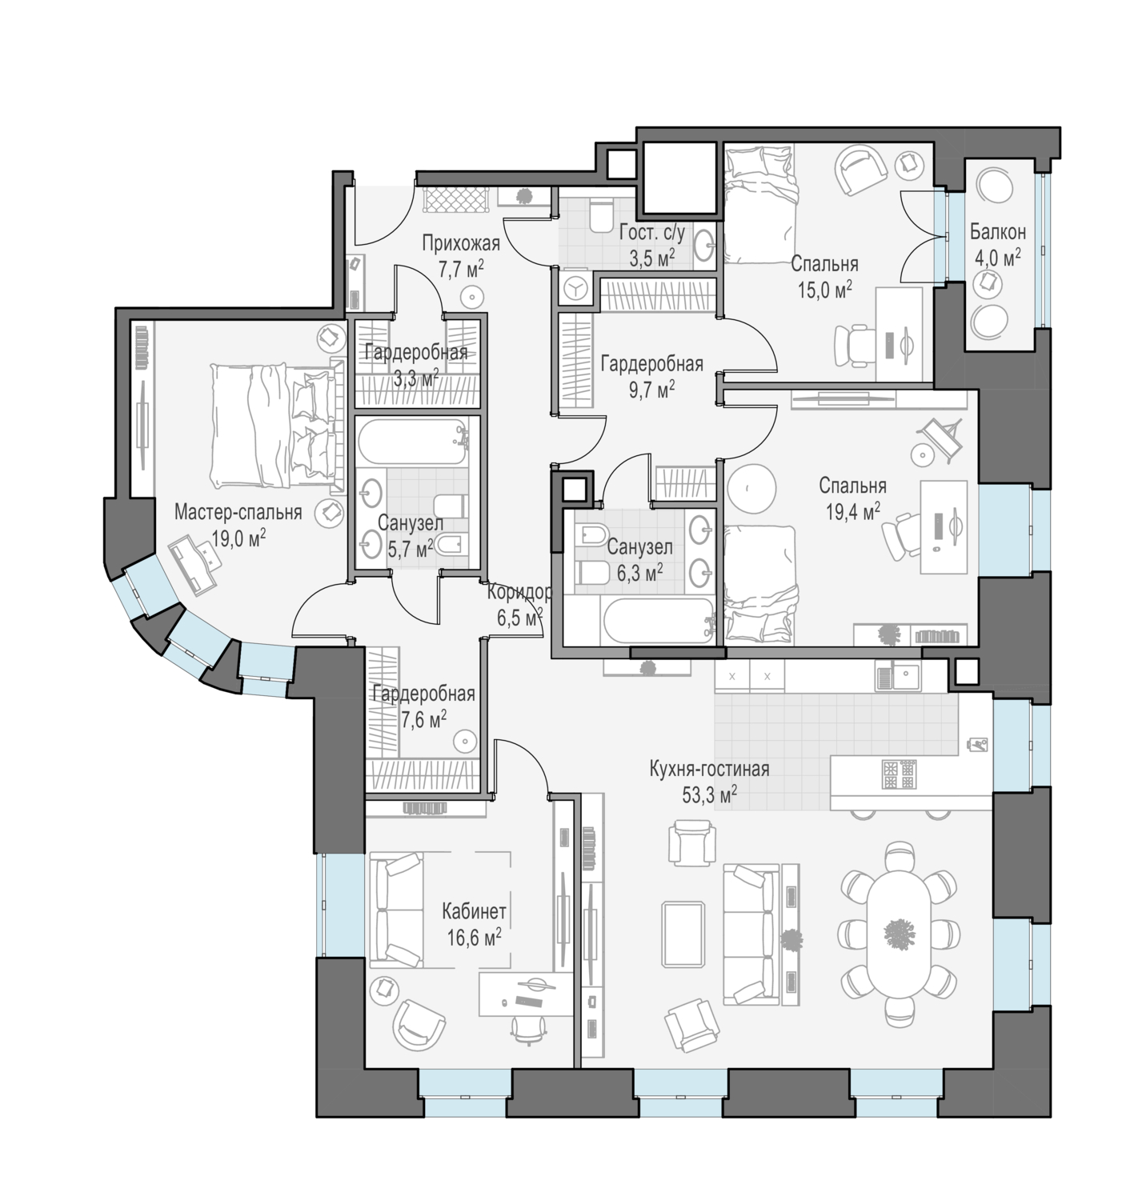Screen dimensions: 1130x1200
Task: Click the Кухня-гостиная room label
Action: (x=709, y=769)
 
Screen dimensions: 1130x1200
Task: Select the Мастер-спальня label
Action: (x=238, y=512)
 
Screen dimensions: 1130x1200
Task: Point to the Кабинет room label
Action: (x=474, y=910)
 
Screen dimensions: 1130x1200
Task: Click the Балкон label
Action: (x=998, y=231)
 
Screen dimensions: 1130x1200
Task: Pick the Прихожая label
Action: (x=461, y=243)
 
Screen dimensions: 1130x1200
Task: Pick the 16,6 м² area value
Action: (x=474, y=938)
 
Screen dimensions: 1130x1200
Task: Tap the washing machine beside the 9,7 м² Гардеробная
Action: (x=575, y=289)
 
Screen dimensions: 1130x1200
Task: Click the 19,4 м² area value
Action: (x=853, y=513)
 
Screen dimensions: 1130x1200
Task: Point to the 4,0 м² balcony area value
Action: (x=998, y=258)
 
